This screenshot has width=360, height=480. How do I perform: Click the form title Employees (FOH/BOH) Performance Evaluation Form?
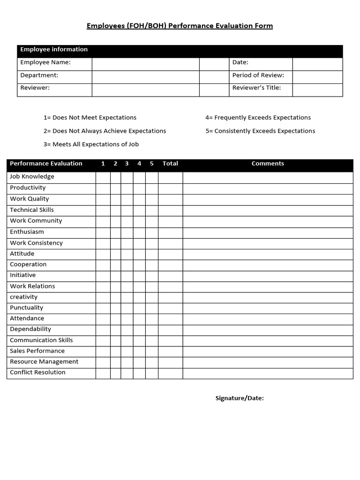180,26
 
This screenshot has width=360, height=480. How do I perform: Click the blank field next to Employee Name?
145,64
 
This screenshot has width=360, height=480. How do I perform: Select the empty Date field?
317,64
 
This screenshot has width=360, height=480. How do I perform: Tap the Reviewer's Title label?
256,88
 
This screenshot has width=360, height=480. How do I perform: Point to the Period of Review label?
258,75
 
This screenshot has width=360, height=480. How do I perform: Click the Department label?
39,75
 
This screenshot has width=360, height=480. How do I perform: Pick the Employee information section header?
54,50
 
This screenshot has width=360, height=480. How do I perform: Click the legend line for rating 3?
91,144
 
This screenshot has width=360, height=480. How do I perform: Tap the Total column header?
170,164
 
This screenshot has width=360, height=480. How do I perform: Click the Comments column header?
268,164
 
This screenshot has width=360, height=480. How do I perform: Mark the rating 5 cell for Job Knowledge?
151,177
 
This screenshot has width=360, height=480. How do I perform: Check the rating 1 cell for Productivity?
103,188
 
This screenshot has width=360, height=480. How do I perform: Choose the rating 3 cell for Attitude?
127,254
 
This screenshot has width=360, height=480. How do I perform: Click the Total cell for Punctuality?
170,308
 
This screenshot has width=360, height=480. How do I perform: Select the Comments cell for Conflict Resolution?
268,373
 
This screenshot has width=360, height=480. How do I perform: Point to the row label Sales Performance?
37,351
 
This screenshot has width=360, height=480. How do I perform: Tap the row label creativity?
24,297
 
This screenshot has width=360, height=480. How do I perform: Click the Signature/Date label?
240,398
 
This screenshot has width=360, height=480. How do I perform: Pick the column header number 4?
139,164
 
